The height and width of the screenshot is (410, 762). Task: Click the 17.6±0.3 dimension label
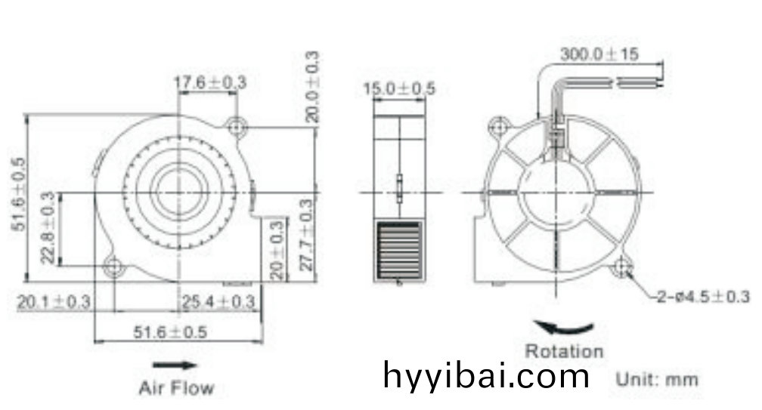click(x=210, y=82)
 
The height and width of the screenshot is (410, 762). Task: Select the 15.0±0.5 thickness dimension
click(x=399, y=88)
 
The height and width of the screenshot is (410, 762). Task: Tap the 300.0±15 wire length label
click(x=599, y=54)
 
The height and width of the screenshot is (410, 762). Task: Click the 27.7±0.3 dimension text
click(x=306, y=235)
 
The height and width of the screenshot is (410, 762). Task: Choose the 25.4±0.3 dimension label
click(x=218, y=302)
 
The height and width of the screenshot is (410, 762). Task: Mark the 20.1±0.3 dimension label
click(x=54, y=302)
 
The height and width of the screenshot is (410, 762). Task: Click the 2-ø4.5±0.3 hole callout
click(x=703, y=297)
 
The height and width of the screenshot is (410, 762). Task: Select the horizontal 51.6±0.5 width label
click(x=170, y=332)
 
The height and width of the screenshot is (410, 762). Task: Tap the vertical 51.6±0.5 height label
click(x=19, y=194)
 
